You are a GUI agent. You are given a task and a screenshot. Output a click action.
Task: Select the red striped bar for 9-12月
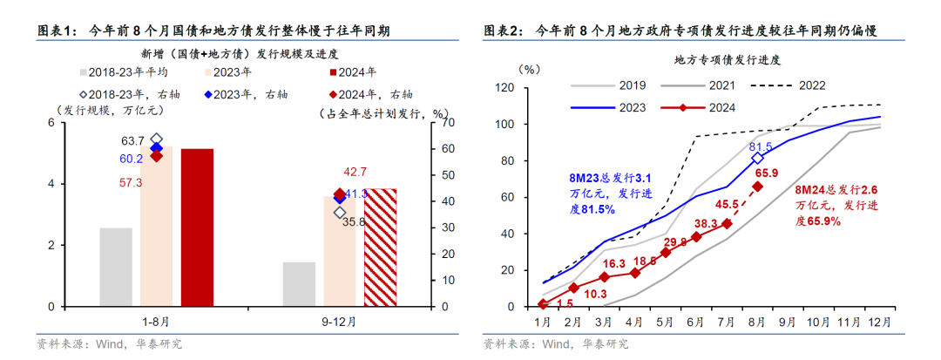(379, 248)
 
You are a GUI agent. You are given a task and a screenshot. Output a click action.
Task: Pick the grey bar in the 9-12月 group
(299, 284)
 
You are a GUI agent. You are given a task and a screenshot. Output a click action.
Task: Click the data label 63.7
(132, 140)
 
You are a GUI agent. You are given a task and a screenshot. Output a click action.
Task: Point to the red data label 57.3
(132, 182)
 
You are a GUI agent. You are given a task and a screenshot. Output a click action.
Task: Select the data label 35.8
(355, 222)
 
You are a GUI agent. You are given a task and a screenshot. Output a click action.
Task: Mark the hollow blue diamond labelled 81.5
(757, 158)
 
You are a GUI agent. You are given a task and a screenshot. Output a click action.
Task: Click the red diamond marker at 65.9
(757, 187)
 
